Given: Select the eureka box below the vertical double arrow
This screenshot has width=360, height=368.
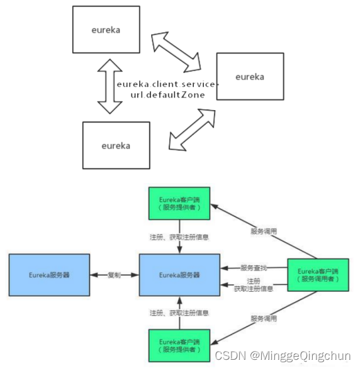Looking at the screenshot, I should coord(116,145).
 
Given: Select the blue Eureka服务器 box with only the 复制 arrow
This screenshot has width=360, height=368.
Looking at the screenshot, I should coord(49,275).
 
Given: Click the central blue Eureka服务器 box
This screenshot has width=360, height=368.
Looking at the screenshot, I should coord(179,275).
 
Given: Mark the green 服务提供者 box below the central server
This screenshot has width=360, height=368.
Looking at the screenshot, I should coord(179,345).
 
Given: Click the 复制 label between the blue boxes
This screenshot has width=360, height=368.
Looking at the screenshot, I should coord(114,275).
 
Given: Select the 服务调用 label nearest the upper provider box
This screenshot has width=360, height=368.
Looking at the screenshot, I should coord(263,231).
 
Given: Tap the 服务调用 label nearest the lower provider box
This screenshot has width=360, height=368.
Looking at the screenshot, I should coord(263,318).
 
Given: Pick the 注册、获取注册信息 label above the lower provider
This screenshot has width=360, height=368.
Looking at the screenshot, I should coord(179,313).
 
